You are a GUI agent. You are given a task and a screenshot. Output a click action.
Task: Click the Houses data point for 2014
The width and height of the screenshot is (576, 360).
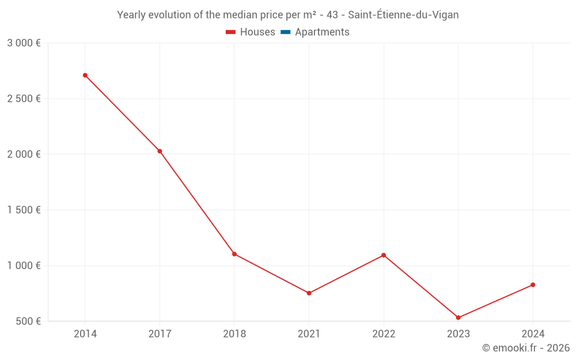click(x=85, y=75)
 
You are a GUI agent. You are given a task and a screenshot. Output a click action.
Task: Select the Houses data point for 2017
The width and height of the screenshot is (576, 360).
click(x=160, y=151)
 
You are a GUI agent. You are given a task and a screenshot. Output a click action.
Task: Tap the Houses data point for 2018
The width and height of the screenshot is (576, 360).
click(x=234, y=254)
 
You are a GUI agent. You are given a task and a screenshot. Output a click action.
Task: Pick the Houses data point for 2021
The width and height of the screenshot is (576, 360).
click(x=309, y=293)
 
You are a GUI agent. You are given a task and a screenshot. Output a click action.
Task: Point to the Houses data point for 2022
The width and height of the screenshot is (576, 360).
click(x=384, y=255)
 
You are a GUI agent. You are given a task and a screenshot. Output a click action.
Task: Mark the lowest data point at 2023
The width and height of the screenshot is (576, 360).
click(x=458, y=317)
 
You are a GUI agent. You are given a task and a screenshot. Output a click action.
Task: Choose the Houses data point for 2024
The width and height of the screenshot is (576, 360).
click(x=533, y=285)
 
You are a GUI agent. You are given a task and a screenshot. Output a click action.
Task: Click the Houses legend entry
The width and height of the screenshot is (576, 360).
click(x=251, y=32)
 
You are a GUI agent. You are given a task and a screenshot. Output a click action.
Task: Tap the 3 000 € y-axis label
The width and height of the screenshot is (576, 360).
click(x=24, y=43)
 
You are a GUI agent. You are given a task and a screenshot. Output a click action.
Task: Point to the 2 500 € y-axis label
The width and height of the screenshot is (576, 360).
click(x=24, y=98)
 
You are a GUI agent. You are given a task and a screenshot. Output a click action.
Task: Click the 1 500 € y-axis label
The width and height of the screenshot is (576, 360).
click(x=24, y=210)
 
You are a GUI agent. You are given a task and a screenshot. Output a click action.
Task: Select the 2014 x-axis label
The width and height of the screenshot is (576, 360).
click(x=85, y=334)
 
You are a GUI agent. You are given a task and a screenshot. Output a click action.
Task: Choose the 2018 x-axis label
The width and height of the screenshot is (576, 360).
click(x=234, y=334)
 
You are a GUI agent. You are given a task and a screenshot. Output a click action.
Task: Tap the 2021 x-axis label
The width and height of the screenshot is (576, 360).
click(x=309, y=334)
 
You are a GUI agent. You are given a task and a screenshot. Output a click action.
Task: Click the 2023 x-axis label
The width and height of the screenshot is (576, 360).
click(x=458, y=334)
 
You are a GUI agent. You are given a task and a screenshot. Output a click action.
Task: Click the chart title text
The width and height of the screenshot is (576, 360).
click(x=288, y=15)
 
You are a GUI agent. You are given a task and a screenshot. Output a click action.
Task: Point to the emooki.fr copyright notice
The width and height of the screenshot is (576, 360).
click(x=526, y=348)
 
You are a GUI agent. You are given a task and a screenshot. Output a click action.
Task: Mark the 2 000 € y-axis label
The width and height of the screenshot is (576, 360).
click(x=24, y=154)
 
